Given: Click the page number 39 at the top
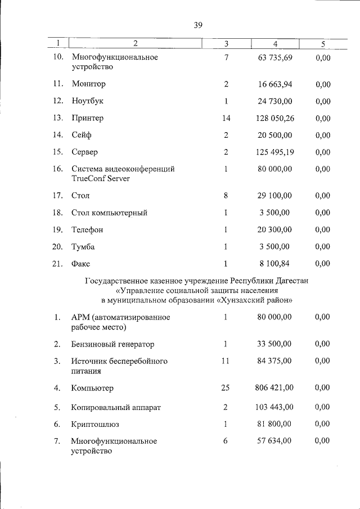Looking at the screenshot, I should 197,25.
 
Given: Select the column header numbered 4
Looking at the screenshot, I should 275,43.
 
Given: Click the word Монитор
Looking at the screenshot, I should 88,84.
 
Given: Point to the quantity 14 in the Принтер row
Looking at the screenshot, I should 226,118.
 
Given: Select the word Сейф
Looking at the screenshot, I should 81,135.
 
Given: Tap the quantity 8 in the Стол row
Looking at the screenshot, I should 226,196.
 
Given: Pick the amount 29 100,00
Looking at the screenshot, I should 275,196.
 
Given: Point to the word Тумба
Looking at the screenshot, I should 83,246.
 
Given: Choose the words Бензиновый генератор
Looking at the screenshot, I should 112,344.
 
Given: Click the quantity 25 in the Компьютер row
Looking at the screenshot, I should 226,388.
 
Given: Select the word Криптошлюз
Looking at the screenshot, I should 95,424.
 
